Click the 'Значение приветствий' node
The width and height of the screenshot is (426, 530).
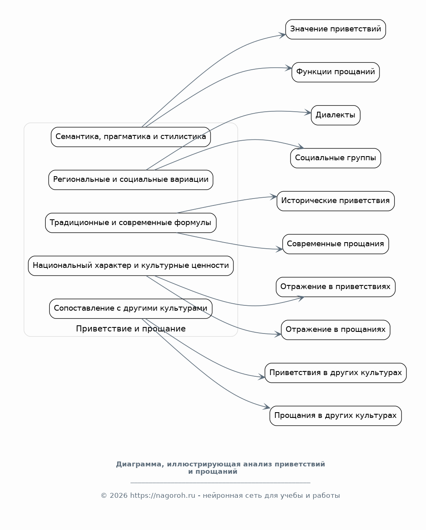click(335, 29)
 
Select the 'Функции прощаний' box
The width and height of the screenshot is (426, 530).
click(335, 72)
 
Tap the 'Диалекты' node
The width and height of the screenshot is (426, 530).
click(335, 115)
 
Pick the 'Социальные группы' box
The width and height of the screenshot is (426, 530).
click(335, 158)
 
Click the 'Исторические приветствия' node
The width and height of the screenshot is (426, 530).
click(335, 201)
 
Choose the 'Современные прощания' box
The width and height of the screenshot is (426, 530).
click(335, 244)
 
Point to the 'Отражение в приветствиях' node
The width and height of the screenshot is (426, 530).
click(335, 287)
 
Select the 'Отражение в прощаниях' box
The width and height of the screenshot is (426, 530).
click(335, 330)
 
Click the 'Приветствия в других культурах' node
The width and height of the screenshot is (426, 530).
click(335, 373)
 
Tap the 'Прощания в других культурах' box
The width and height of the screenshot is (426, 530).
click(335, 416)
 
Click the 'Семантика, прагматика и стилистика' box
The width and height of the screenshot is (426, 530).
click(131, 137)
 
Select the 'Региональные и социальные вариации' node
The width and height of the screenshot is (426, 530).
click(131, 180)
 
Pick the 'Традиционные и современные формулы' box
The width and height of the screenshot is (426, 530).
click(131, 223)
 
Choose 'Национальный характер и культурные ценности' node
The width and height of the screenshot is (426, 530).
click(131, 266)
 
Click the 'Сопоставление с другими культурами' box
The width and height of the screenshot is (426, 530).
click(131, 309)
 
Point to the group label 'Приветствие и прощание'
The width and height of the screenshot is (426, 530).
click(131, 329)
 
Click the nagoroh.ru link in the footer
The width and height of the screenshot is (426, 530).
click(162, 496)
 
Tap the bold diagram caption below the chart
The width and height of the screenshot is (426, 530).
click(220, 468)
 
